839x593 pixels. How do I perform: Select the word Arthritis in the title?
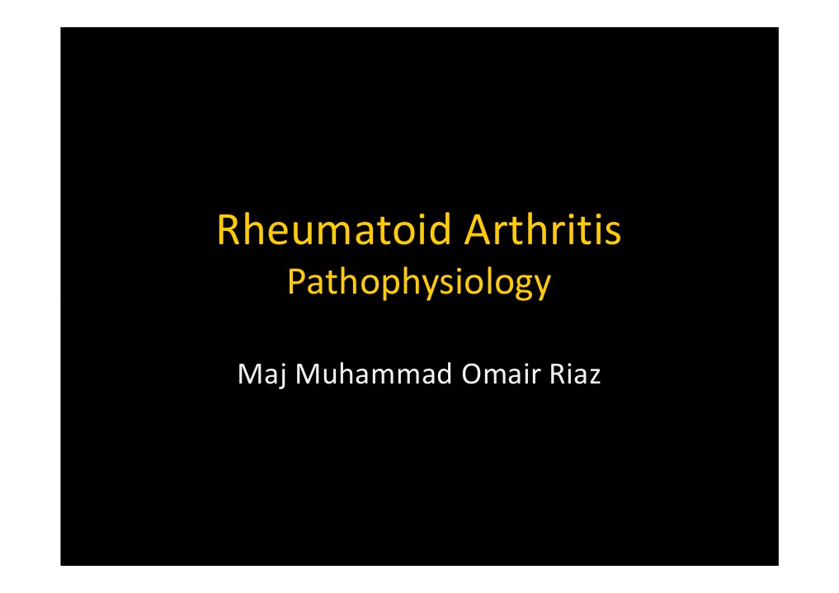tap(541, 231)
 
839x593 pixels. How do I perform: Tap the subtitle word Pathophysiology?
tap(418, 285)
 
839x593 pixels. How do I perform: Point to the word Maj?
tap(262, 376)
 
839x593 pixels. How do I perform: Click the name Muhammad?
tap(372, 375)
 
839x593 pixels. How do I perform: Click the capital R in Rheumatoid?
tap(228, 231)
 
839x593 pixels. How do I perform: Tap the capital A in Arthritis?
tap(477, 231)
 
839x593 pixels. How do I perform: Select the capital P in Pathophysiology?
tap(295, 284)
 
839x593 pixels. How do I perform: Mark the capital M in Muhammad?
tap(308, 375)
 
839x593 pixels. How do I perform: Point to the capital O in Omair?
tap(471, 375)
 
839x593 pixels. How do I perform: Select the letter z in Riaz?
tap(594, 377)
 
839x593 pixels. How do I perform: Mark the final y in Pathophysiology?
tap(541, 289)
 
